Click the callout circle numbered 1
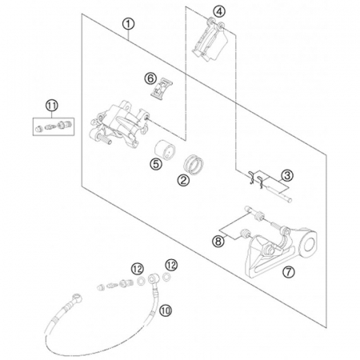point(128,24)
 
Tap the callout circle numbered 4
point(219,11)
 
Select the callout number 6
point(150,78)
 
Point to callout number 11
point(52,106)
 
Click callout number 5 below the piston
point(156,163)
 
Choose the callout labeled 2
point(183,181)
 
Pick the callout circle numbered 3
point(287,176)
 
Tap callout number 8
point(218,242)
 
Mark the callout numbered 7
point(289,272)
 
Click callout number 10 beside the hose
point(166,310)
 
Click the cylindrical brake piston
point(165,150)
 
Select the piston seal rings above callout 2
point(194,165)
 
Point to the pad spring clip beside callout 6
point(162,89)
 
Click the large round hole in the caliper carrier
point(309,243)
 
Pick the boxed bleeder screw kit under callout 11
point(54,126)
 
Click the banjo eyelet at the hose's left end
point(77,298)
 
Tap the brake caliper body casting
point(119,123)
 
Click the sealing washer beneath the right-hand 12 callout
point(166,277)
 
